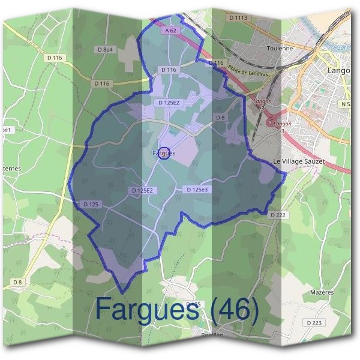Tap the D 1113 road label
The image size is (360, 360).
pyautogui.click(x=238, y=18)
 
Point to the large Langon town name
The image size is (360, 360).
pyautogui.click(x=338, y=71)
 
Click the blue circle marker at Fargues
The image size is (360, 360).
pyautogui.click(x=166, y=152)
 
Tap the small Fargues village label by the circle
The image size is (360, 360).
pyautogui.click(x=163, y=153)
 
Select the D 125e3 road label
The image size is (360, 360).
pyautogui.click(x=196, y=190)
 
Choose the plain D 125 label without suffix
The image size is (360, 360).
pyautogui.click(x=91, y=204)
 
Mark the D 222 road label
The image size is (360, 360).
pyautogui.click(x=278, y=214)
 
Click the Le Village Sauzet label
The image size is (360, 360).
pyautogui.click(x=299, y=162)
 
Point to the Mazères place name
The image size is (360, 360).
pyautogui.click(x=322, y=292)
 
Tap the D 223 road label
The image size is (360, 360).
pyautogui.click(x=314, y=323)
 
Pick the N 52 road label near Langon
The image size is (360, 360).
pyautogui.click(x=346, y=104)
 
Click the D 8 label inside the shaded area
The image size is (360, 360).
pyautogui.click(x=220, y=118)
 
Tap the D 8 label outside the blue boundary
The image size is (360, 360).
pyautogui.click(x=17, y=282)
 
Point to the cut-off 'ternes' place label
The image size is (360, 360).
pyautogui.click(x=11, y=169)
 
